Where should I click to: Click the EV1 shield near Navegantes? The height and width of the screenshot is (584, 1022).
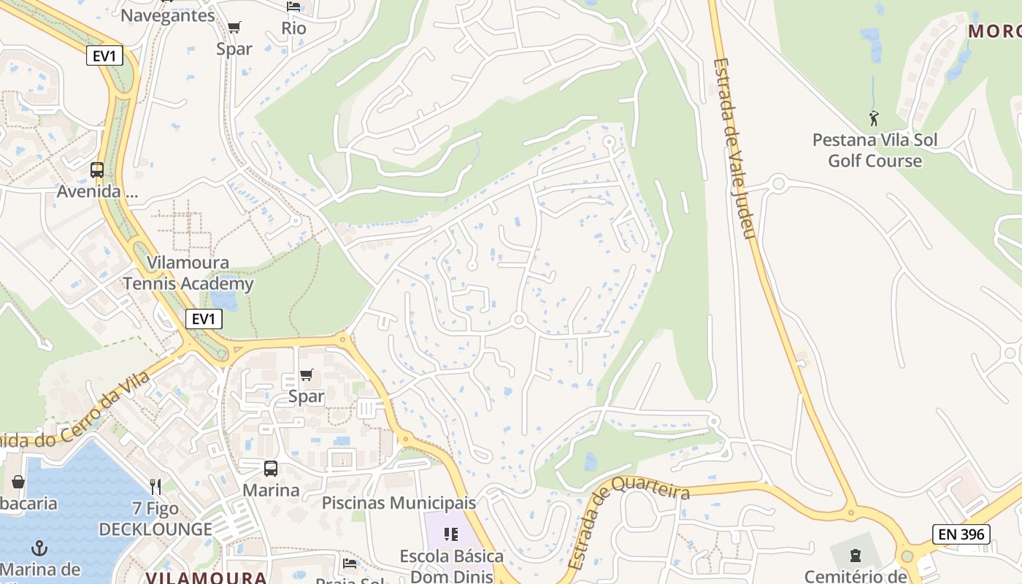tap(104, 55)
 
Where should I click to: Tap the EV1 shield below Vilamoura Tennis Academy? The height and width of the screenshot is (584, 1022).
tap(204, 319)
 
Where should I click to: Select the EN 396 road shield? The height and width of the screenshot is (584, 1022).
tap(961, 534)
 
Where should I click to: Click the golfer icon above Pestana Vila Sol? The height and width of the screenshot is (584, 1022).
tap(874, 118)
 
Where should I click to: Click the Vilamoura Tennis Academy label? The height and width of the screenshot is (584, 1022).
tap(188, 273)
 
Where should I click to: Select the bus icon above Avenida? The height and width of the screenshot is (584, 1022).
tap(97, 170)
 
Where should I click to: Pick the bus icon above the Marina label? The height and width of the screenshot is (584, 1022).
tap(271, 469)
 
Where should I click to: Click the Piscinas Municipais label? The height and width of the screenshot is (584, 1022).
tap(399, 503)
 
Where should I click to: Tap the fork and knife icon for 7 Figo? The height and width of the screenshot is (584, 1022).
tap(155, 486)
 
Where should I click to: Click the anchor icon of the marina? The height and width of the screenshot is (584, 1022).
tap(39, 547)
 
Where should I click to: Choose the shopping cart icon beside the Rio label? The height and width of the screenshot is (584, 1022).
tap(234, 28)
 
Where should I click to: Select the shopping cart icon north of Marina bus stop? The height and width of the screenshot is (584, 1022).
tap(307, 375)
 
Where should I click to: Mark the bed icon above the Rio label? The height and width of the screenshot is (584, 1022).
tap(293, 7)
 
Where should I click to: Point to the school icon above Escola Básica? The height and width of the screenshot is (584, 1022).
tap(451, 534)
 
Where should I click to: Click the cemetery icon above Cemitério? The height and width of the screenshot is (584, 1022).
tap(856, 556)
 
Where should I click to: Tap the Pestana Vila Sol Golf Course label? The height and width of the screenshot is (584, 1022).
tap(875, 150)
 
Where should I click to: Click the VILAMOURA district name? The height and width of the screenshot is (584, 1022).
tap(206, 577)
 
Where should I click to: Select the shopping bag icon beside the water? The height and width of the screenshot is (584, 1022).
tap(18, 482)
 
